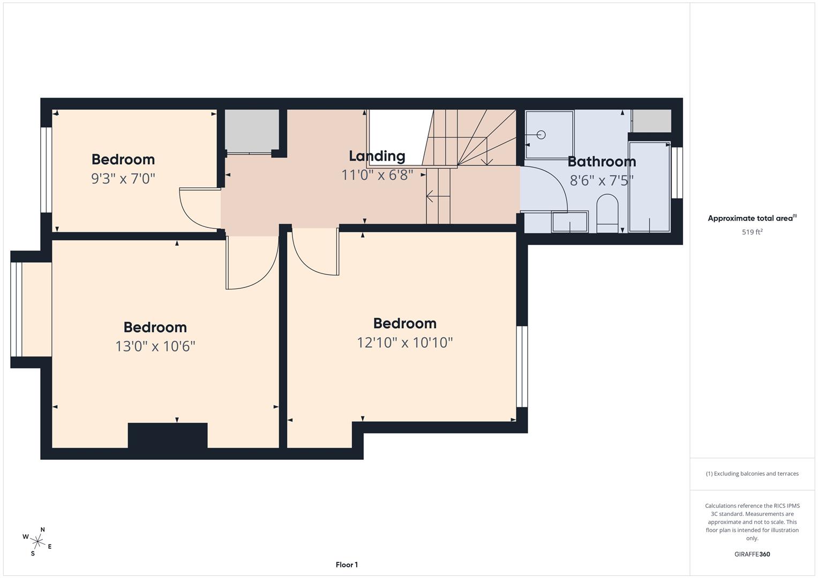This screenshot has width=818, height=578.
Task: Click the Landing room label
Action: (377, 156)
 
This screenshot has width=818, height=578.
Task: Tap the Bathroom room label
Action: (602, 162)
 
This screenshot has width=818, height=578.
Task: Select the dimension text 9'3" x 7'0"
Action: (123, 179)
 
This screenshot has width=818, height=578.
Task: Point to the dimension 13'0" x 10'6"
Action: (155, 346)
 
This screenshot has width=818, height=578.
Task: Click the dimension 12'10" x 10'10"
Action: (405, 343)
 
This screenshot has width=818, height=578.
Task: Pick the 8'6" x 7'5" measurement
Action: (602, 181)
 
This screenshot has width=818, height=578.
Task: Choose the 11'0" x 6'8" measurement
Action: (377, 175)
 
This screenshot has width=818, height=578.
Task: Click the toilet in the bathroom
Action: (607, 213)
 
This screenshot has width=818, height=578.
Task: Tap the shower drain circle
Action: (541, 135)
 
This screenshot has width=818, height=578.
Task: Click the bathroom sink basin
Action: (569, 222)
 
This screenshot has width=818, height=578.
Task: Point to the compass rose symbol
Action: (37, 541)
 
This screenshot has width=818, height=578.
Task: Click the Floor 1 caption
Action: (347, 565)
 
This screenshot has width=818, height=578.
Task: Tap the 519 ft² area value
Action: (752, 232)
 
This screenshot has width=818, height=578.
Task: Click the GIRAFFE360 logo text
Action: (752, 554)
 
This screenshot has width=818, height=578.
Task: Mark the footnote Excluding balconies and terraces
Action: (752, 474)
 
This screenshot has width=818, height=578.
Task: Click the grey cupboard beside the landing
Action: (251, 131)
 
